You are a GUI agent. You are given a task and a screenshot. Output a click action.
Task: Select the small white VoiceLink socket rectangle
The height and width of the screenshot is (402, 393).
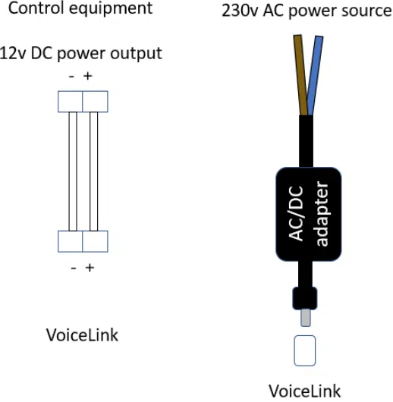point(306,351)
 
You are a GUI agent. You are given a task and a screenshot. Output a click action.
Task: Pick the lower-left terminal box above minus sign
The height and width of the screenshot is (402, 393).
point(70,241)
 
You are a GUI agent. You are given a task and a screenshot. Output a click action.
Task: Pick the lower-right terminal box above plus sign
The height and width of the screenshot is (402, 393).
point(95,241)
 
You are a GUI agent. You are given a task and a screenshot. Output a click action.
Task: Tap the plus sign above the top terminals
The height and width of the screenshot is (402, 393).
point(88,77)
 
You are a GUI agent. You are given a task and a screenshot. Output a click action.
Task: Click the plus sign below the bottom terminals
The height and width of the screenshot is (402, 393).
point(89,268)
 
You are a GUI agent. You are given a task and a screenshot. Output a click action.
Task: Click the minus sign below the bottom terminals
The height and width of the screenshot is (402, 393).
point(73,268)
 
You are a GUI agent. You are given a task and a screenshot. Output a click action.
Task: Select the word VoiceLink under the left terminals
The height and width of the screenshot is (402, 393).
point(83,334)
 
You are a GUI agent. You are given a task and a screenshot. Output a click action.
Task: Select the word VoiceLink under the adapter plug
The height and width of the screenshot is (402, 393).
point(305,391)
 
